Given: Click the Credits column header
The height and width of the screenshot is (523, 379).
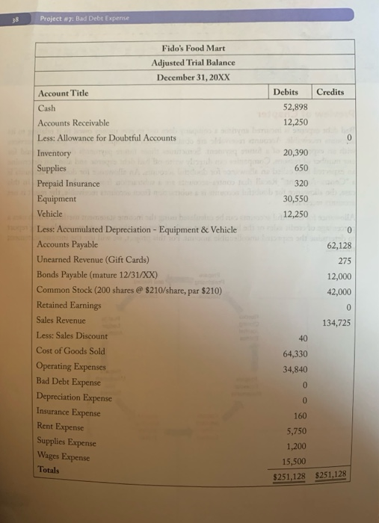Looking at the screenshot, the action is click(331, 91).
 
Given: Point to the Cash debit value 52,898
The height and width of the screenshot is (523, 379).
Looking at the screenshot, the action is click(294, 107).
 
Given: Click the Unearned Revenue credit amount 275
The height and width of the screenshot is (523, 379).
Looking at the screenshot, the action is click(344, 260).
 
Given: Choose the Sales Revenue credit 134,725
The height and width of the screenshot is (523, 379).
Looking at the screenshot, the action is click(336, 322).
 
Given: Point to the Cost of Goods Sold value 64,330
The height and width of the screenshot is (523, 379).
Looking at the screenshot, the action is click(294, 353).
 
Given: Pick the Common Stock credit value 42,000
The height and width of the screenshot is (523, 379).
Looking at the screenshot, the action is click(339, 291).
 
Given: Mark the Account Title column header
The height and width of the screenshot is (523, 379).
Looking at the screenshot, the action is click(63, 93).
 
